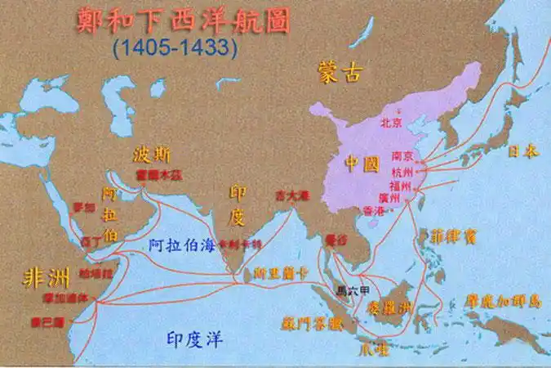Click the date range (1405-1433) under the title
pos(176,48)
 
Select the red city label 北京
pos(392,123)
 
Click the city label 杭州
pos(402,171)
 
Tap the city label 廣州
pos(391,198)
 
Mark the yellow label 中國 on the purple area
pos(362,164)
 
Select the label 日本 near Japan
pos(523,151)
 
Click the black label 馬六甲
pos(353,289)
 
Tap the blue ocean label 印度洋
pos(194,339)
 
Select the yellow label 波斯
pos(153,154)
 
